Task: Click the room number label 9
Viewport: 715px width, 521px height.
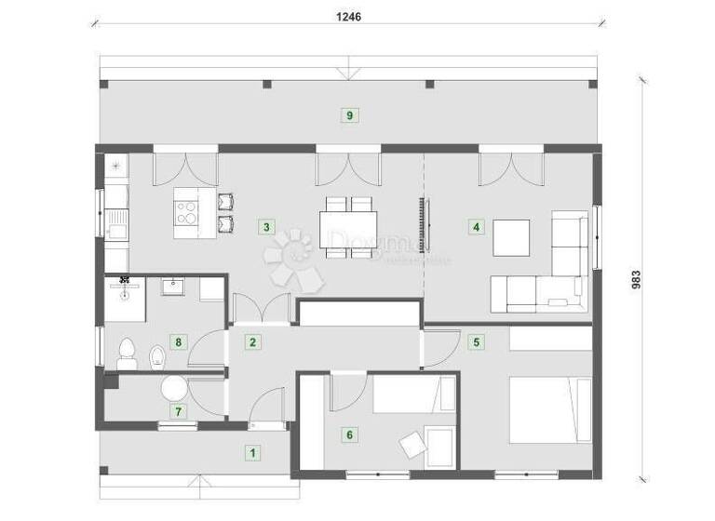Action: [x=349, y=115]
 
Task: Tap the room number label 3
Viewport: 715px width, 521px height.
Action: [x=267, y=226]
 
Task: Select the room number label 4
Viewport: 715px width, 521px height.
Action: [x=477, y=226]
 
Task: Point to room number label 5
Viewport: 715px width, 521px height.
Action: [x=477, y=341]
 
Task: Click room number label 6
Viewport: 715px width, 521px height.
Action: [x=349, y=434]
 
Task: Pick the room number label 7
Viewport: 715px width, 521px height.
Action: [x=178, y=410]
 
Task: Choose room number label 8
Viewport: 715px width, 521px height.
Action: [x=178, y=341]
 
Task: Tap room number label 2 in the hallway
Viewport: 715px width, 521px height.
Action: [x=252, y=341]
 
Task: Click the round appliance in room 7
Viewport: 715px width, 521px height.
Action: [x=174, y=389]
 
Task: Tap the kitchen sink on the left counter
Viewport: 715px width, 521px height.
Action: [x=116, y=221]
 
